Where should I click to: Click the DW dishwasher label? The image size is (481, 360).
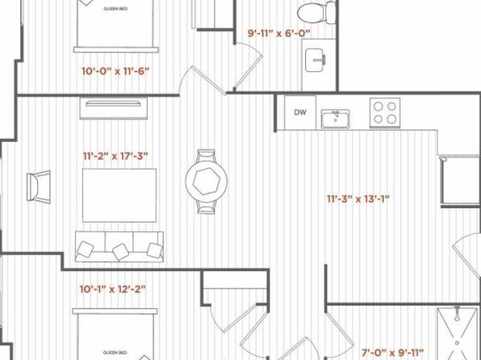point(300,112)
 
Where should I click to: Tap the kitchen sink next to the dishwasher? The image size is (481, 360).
point(335,119)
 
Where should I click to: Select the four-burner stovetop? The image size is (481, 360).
point(385,113)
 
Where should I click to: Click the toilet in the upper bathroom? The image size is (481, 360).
point(316,12)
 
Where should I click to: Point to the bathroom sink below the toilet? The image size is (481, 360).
point(315,61)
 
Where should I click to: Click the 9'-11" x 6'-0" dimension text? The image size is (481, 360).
point(279,33)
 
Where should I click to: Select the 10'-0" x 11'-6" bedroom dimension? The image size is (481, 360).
point(115,71)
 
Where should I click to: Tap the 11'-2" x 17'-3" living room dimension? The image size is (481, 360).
point(115,157)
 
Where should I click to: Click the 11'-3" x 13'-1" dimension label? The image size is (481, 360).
point(358,199)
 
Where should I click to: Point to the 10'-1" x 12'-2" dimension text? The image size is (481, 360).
point(112,289)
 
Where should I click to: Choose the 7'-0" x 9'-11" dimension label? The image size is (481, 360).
point(392,352)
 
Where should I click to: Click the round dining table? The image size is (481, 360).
point(207,181)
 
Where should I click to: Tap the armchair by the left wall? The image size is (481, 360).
point(39,187)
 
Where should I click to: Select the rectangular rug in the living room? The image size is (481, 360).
point(119,195)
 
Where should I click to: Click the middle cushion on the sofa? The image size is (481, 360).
point(120,252)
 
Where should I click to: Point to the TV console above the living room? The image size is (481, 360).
point(114,108)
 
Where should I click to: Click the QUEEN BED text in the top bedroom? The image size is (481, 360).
point(115,9)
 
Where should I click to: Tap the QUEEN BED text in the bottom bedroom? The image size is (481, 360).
point(115,353)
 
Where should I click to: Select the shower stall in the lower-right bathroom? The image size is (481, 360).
point(457,333)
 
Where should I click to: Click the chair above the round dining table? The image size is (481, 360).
point(206,155)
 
